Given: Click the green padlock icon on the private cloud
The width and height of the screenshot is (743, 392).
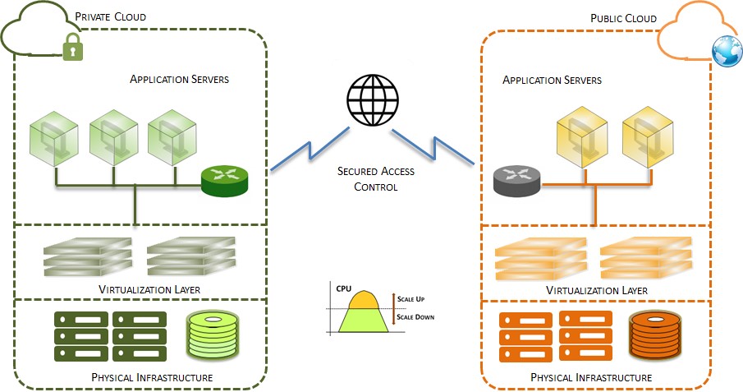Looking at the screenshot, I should tap(73, 49).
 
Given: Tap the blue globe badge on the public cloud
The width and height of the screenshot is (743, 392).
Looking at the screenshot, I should tap(726, 51).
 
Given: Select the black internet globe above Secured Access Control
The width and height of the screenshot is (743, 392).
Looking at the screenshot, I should tap(370, 101).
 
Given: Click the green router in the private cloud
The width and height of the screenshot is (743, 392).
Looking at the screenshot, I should tap(223, 180).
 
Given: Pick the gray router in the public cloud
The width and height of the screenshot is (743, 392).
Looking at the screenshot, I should tap(516, 179).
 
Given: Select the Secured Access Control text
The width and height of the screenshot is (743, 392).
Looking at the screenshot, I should tap(375, 178).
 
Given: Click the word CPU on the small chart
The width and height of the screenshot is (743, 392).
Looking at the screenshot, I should tap(343, 289).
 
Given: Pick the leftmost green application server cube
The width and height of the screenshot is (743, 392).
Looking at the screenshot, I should tap(54, 136).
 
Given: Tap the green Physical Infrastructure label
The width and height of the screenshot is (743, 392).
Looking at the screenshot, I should tap(144, 377).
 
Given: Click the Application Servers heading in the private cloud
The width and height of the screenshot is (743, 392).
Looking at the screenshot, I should tap(179, 80).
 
